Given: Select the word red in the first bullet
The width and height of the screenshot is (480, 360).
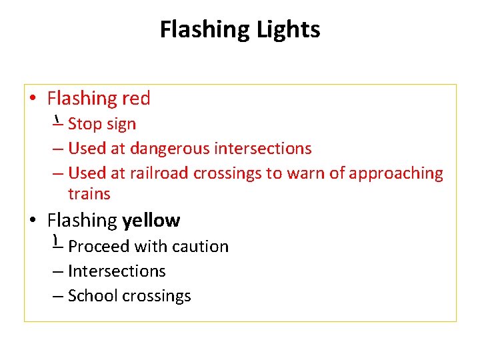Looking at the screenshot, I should (136, 99).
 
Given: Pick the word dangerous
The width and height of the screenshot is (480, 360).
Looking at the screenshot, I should (170, 148).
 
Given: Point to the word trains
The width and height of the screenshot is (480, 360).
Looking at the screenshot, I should (89, 194).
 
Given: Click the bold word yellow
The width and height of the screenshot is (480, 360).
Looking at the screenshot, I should (151, 220).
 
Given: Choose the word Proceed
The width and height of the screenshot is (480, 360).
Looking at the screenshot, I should (99, 247).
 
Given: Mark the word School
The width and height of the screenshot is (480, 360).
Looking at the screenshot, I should (91, 296).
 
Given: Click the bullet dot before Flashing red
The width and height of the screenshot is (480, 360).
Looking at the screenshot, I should (33, 99).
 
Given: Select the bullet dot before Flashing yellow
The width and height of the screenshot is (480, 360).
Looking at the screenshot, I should (33, 221).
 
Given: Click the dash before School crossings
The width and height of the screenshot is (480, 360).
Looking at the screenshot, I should (58, 297).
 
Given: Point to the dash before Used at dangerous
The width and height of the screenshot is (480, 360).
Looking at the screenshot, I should (58, 149).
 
